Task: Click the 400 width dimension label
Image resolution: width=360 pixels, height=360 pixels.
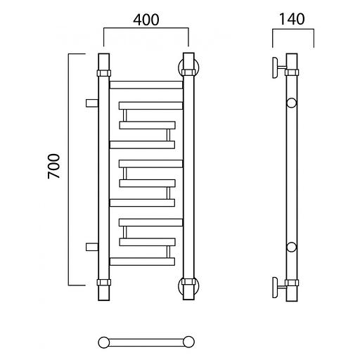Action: (146, 20)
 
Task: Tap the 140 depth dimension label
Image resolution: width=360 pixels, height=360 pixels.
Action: (292, 19)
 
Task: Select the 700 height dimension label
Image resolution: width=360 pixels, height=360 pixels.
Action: (54, 166)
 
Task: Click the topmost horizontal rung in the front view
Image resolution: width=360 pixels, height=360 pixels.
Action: (146, 85)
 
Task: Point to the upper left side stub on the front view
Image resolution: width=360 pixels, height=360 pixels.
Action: (92, 103)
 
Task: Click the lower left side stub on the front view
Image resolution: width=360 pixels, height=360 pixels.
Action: (92, 247)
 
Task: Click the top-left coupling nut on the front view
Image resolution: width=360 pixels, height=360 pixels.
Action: (104, 73)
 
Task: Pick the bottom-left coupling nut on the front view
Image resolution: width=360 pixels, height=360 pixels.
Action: (104, 282)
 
